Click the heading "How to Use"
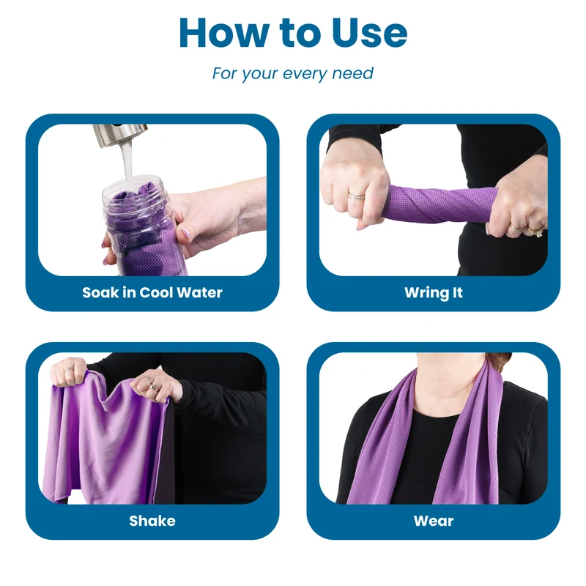[293, 33]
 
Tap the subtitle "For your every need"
[292, 73]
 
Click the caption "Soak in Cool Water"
[152, 292]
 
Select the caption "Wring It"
[434, 293]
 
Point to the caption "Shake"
[152, 521]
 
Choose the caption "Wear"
[434, 521]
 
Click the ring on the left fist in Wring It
[357, 196]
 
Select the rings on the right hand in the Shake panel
[152, 384]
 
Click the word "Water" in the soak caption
[199, 292]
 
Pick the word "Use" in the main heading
[369, 33]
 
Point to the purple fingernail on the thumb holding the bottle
[186, 234]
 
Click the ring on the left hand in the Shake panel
[70, 368]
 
